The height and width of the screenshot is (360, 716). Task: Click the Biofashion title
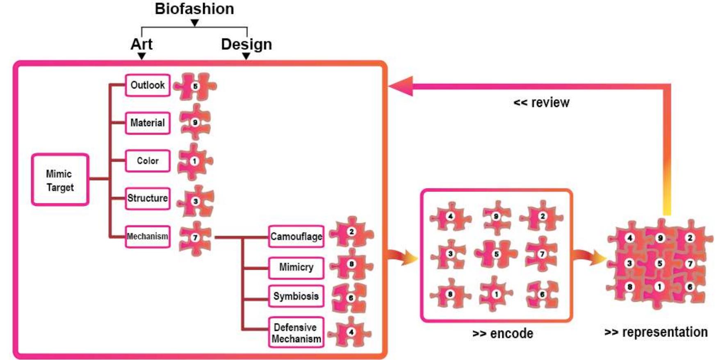point(194,9)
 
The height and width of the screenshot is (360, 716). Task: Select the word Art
point(141,44)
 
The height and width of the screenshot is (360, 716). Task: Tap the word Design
point(246,44)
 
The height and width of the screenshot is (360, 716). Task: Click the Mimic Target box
point(60,180)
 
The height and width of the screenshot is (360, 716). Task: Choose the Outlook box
point(148,85)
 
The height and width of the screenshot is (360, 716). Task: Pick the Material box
point(148,123)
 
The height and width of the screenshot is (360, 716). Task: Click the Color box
point(148,161)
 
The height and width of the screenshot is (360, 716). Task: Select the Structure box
point(148,198)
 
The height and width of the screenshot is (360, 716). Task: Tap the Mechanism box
point(148,237)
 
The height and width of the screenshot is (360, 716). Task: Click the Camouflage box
point(296,237)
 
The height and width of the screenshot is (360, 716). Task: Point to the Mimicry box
point(296,267)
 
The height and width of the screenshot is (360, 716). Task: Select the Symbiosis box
point(296,296)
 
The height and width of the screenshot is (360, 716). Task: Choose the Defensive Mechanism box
point(296,333)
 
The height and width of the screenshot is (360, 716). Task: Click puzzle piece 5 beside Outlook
point(195,86)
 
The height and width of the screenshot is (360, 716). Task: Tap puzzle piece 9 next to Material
point(195,122)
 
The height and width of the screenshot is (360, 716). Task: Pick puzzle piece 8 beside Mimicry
point(351,264)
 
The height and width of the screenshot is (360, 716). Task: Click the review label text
point(541,103)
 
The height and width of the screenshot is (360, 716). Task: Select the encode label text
point(503,333)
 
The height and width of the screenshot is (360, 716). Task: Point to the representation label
point(656,332)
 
